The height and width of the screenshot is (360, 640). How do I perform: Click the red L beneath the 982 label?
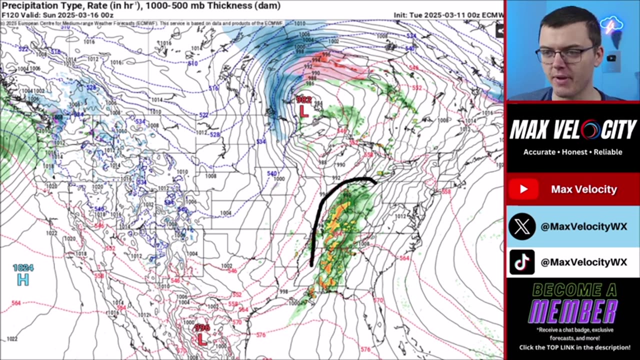303,111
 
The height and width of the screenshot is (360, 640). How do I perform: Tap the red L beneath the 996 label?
201,340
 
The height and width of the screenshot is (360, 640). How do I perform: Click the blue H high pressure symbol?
22,280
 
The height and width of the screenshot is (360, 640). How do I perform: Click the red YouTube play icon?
523,189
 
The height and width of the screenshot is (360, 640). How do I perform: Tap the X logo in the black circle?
522,226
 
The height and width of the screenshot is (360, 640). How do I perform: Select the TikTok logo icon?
522,262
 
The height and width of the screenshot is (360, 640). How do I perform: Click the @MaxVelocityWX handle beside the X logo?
583,226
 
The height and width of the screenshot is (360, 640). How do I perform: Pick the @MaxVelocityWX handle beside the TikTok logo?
583,262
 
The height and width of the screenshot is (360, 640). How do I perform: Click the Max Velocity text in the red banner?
584,189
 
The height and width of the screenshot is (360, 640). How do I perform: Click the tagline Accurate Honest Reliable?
573,152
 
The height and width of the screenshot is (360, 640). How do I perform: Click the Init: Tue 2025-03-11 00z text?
448,15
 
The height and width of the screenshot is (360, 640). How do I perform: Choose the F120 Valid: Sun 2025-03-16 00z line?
57,15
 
